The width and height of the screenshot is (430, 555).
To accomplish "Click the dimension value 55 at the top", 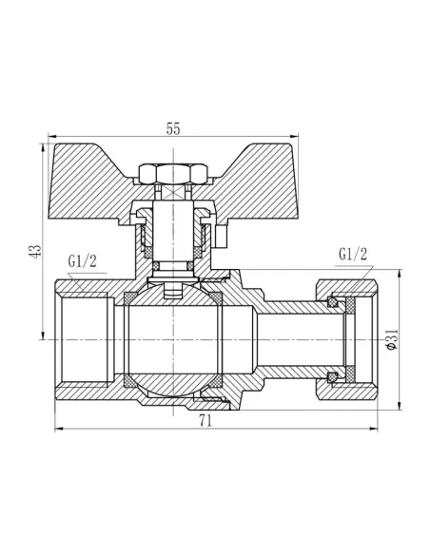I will point(173,130).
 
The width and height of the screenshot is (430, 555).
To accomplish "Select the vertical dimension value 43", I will point(36,251).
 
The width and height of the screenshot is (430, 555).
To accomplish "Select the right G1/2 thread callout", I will point(351,255).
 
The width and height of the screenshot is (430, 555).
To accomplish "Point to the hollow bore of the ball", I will point(171,339).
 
